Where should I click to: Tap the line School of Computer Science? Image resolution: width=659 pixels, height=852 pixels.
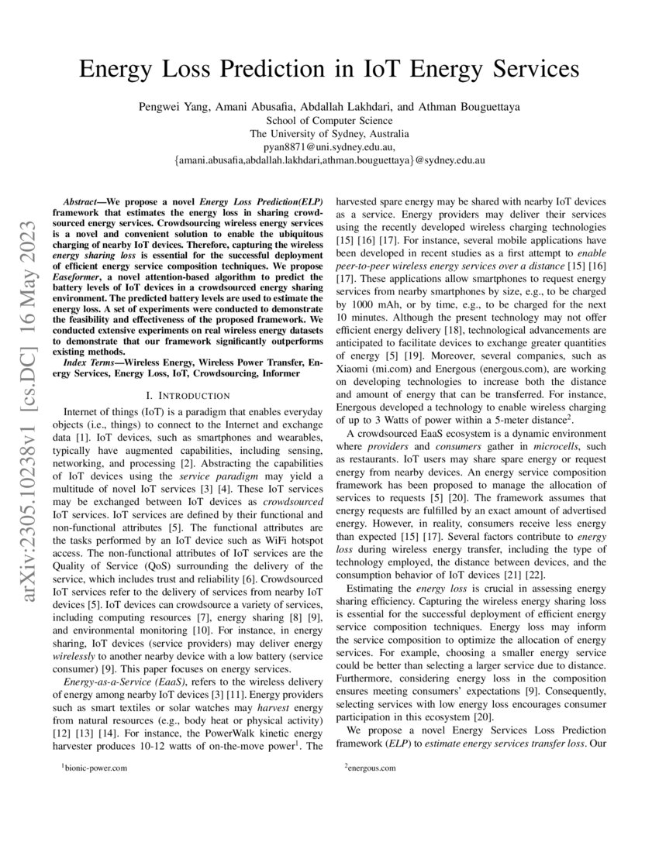329,121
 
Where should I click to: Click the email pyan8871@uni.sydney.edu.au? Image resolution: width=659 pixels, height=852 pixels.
329,146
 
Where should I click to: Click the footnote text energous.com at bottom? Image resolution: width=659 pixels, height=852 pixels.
372,768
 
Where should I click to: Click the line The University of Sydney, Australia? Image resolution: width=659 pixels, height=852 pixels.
329,133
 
